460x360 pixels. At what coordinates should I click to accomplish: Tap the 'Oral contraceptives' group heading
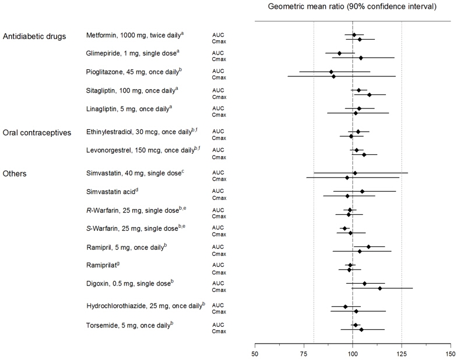tap(37, 132)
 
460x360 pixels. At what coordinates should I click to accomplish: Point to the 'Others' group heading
tap(16, 174)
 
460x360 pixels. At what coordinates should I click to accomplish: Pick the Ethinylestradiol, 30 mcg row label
tap(142, 132)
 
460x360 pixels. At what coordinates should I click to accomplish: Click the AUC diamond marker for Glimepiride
tap(339, 54)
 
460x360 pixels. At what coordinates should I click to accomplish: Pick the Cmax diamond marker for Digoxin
tap(380, 288)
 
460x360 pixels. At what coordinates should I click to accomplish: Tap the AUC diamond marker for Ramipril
tap(368, 247)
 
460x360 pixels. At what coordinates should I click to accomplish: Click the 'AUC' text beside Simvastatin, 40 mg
tap(218, 172)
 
